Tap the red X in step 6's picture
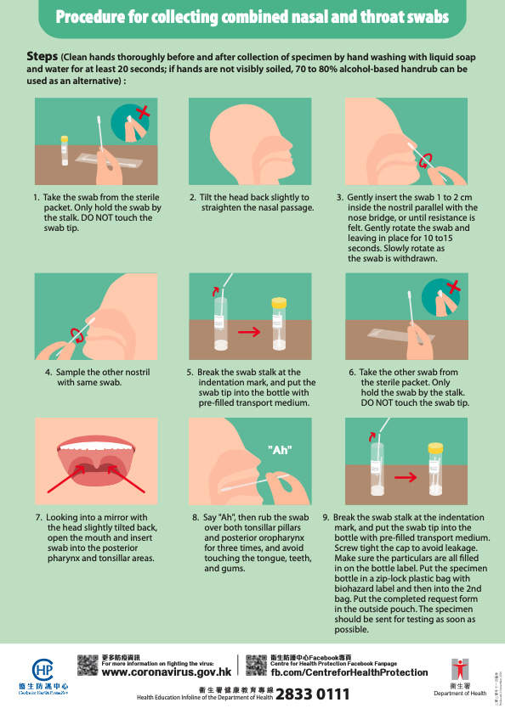[x=453, y=294]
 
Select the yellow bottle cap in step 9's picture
[x=435, y=447]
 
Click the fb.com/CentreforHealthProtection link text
[x=349, y=672]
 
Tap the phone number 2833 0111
[x=312, y=694]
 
